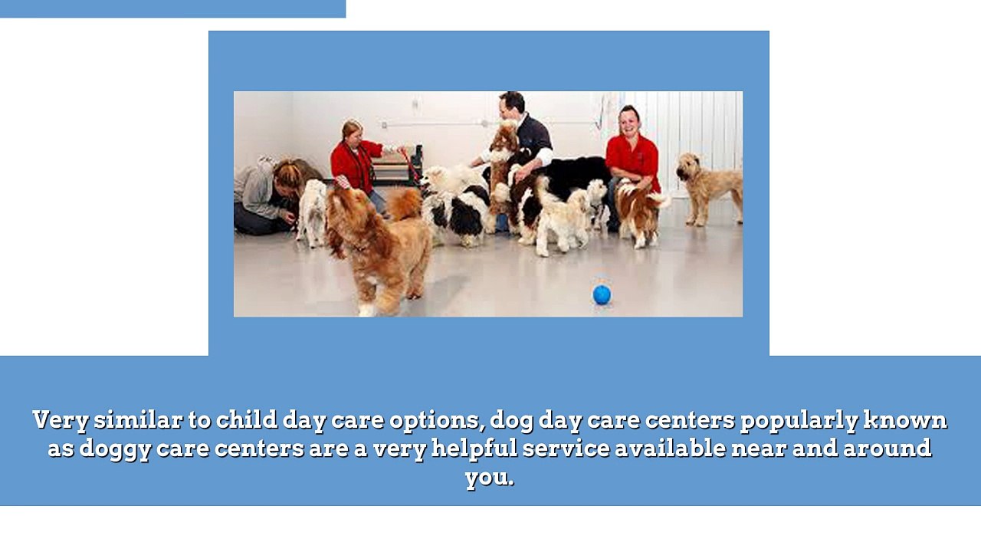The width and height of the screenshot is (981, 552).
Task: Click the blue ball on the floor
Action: coord(602,294)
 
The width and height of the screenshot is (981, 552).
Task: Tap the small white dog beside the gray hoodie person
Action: coord(312,211)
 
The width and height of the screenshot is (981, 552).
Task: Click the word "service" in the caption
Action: coord(565,449)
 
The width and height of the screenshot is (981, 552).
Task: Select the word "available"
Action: coord(670,449)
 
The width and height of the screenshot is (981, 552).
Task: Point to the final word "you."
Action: coord(489,477)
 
